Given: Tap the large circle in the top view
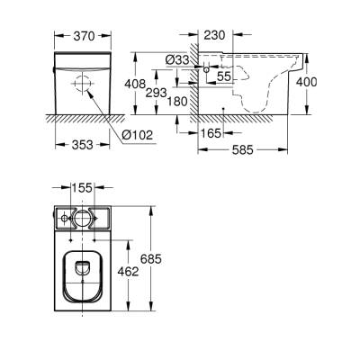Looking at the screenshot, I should pos(83,219).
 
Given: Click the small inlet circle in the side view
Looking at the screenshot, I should pos(210,69).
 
